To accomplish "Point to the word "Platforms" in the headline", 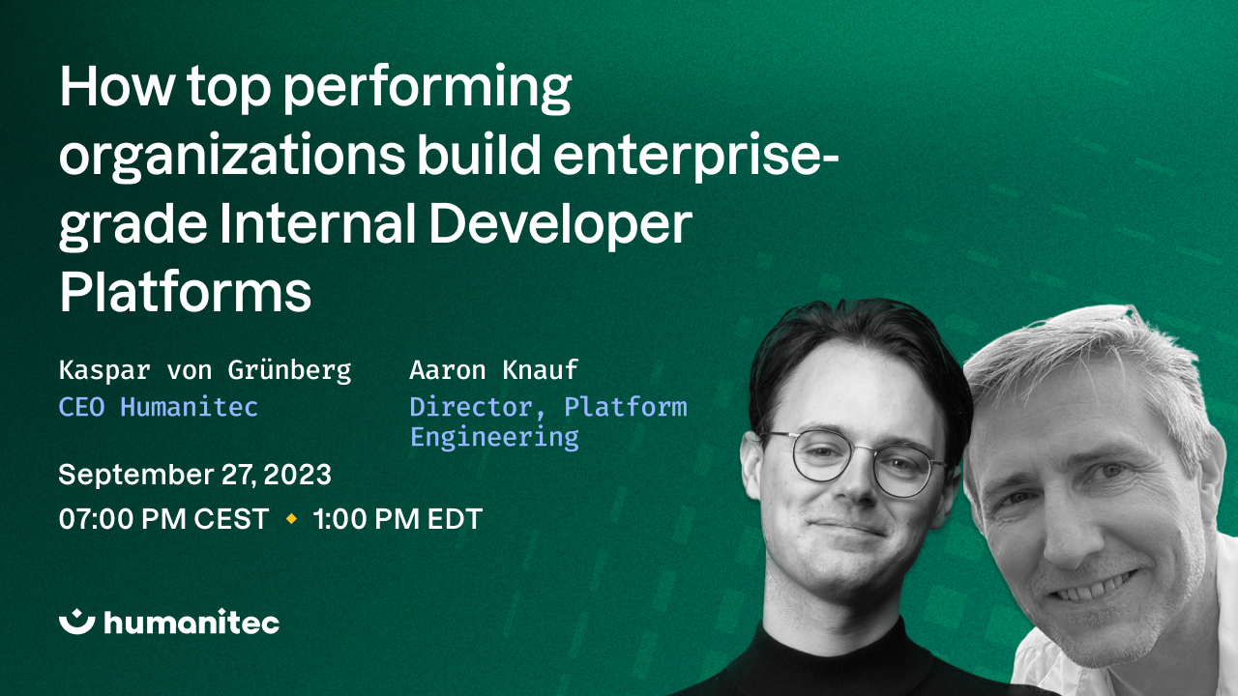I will coord(185,292).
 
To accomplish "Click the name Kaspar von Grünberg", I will coord(205,370).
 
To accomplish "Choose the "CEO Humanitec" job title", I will coord(159,407).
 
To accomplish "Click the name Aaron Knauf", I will coord(493,370).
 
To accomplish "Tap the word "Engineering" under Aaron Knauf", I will coord(494,437).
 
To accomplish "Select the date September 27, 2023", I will coord(194,475).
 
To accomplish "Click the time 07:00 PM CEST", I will coord(163,519).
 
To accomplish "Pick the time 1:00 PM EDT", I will coord(398,519).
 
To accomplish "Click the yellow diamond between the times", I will coord(291,519).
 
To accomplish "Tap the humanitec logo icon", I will coord(76,623).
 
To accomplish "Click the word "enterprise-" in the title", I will coord(700,159).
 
